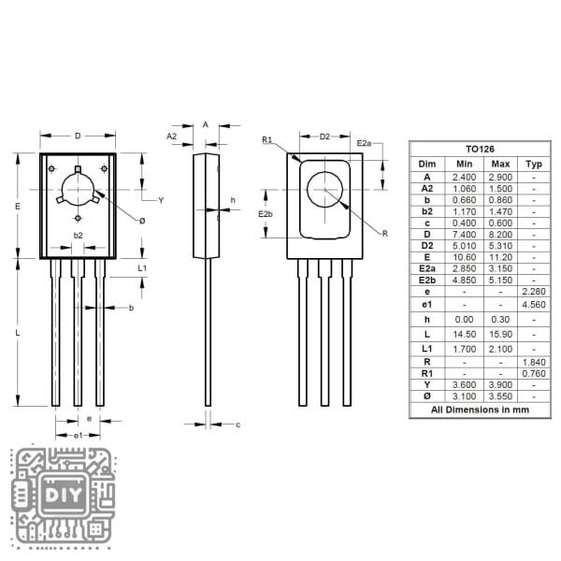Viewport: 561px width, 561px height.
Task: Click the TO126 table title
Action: [480, 149]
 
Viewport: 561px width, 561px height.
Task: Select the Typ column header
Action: [533, 163]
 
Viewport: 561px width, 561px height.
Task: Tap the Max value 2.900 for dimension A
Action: [500, 176]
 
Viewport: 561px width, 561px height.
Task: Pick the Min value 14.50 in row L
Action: [465, 334]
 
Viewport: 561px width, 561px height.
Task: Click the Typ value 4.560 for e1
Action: [533, 304]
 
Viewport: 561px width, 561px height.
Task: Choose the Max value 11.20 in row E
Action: [500, 256]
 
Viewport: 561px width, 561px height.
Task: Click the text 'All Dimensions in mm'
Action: [480, 410]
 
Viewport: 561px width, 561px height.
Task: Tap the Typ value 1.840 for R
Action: [533, 360]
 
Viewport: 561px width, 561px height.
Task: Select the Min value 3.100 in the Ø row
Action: [465, 396]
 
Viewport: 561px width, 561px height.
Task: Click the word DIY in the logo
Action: [63, 493]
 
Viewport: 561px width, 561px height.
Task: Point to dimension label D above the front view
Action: [78, 137]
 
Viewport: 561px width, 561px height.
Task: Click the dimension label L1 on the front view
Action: [142, 268]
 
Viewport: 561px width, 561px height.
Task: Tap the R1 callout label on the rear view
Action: [266, 140]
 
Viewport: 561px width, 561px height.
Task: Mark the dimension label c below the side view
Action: [237, 424]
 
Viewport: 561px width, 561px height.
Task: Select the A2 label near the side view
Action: [172, 137]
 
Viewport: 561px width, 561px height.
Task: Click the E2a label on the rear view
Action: [365, 143]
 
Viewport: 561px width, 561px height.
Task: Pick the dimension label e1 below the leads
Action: [79, 436]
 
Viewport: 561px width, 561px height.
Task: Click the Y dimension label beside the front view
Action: [161, 200]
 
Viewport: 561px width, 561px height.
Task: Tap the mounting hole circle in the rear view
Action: [325, 190]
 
